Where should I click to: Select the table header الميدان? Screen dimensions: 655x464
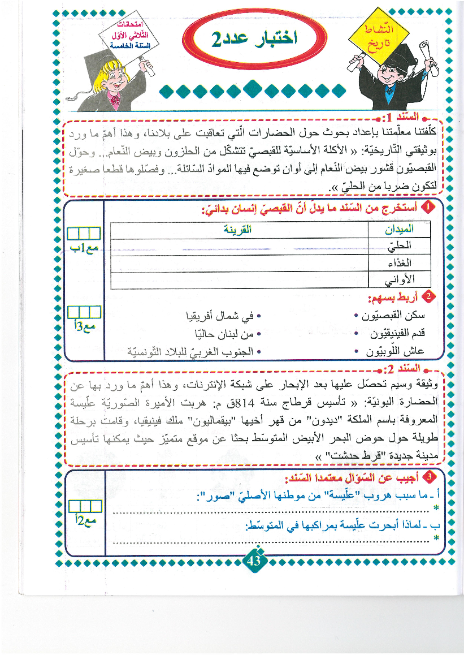point(399,229)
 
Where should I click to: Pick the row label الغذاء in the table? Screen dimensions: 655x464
point(399,263)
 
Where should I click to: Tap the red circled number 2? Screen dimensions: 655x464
point(429,296)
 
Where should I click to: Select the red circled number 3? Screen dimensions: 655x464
point(430,477)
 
